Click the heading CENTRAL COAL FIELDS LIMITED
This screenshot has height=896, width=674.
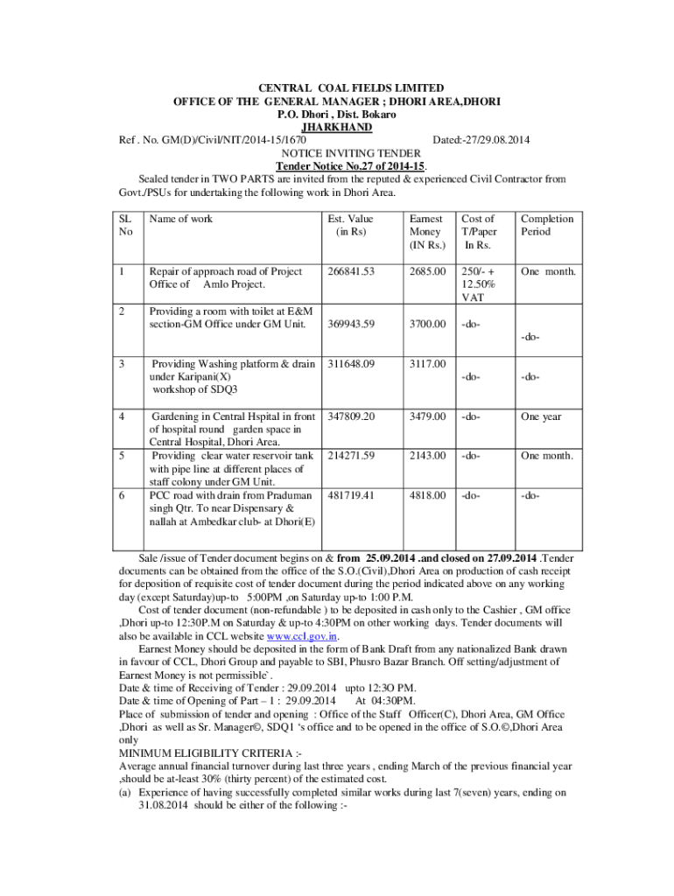click(337, 88)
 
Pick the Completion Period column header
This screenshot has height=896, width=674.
click(547, 225)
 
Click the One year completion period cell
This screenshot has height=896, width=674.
click(541, 416)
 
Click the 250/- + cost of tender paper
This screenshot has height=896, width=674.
click(478, 271)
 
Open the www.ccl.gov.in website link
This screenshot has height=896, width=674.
click(302, 637)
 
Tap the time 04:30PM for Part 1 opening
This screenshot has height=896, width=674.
click(386, 701)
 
